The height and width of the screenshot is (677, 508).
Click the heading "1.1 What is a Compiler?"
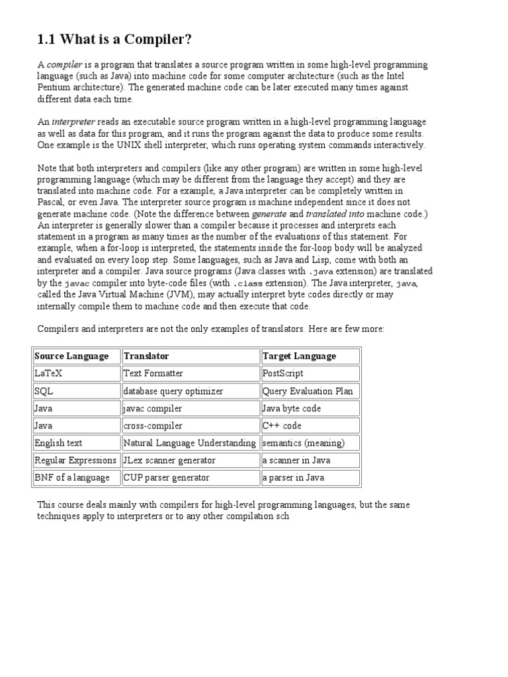114,40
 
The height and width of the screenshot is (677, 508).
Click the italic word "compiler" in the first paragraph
64,65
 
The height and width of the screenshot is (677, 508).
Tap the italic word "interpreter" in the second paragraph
73,122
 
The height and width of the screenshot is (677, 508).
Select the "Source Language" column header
71,356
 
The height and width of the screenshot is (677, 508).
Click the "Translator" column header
146,356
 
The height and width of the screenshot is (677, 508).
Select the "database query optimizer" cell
173,391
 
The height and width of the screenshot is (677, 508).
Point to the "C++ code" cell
282,426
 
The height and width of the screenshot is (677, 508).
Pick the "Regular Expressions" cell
75,460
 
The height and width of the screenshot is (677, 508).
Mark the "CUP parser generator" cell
166,477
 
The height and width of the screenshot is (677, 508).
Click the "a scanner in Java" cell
296,460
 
